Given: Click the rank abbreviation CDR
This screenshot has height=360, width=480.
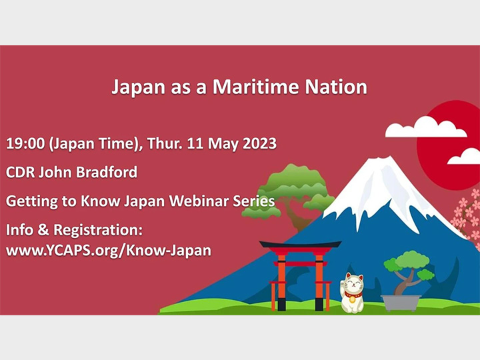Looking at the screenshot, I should click(x=20, y=172).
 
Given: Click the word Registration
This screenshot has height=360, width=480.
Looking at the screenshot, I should click(x=94, y=231).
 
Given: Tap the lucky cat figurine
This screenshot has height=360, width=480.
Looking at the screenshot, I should click(x=352, y=293).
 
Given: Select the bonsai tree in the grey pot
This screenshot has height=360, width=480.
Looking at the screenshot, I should click(x=407, y=270).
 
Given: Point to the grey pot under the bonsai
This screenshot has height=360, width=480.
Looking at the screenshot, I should click(x=401, y=302).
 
